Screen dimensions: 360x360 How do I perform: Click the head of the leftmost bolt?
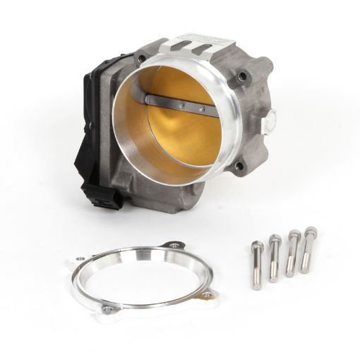coord(256,246)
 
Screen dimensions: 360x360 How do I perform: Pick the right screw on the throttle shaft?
coord(202,110)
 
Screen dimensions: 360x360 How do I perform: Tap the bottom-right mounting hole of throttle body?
coord(239,166)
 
